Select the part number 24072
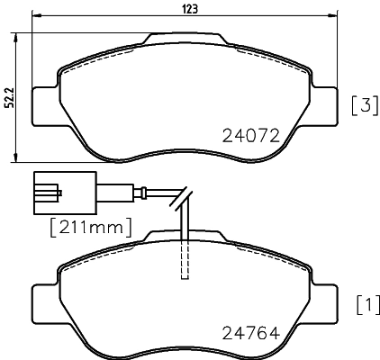click(x=252, y=136)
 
